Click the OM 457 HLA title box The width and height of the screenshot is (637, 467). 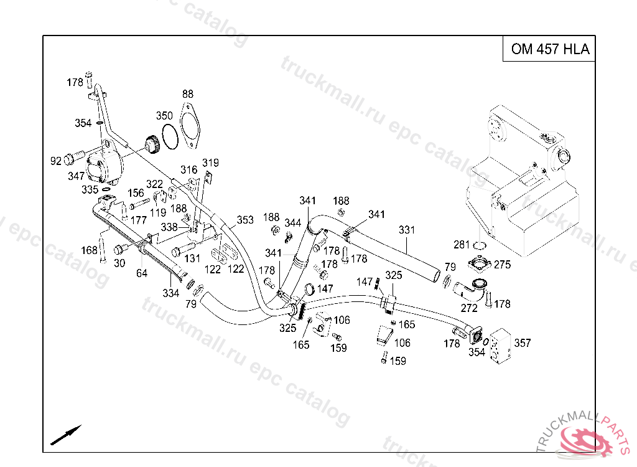(550, 49)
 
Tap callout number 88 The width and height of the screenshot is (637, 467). (188, 94)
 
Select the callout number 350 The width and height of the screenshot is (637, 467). (164, 116)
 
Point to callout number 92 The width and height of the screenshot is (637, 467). (56, 161)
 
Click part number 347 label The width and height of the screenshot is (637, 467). (76, 176)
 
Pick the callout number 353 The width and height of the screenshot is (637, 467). (245, 220)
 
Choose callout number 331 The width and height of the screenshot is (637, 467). (406, 230)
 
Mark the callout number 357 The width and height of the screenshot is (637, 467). (523, 343)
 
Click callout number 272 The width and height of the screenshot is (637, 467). (469, 308)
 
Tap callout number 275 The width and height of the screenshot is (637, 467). (502, 265)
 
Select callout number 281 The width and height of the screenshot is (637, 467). (461, 244)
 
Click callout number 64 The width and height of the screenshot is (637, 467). (142, 273)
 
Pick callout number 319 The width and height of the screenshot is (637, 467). (210, 163)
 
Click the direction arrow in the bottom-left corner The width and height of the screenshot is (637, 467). (65, 435)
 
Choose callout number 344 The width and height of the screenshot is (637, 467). (293, 223)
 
